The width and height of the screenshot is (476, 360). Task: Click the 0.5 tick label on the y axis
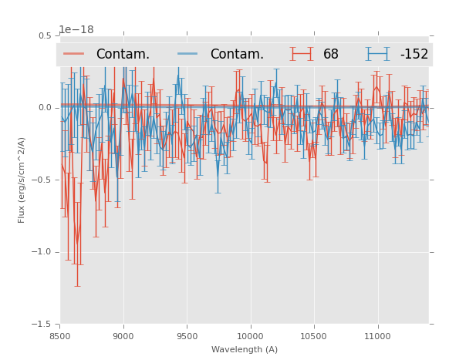(x=45, y=35)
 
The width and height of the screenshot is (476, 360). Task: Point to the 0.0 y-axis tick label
(x=45, y=108)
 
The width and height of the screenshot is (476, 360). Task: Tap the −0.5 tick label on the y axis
(x=42, y=180)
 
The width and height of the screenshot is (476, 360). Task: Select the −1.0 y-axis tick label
(x=42, y=252)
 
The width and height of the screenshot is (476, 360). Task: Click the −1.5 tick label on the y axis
(x=42, y=325)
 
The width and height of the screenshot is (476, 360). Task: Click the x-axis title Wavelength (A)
(x=245, y=349)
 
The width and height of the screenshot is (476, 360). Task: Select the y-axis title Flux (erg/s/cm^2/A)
(x=22, y=180)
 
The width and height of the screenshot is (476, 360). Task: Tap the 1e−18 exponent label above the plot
(x=76, y=30)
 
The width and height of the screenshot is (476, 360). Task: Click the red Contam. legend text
(x=123, y=54)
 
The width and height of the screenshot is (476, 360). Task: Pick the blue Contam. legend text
(x=237, y=54)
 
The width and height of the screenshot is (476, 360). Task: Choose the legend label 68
(x=331, y=54)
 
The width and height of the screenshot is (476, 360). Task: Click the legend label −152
(x=414, y=54)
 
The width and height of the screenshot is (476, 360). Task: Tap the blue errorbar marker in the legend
(x=377, y=54)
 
